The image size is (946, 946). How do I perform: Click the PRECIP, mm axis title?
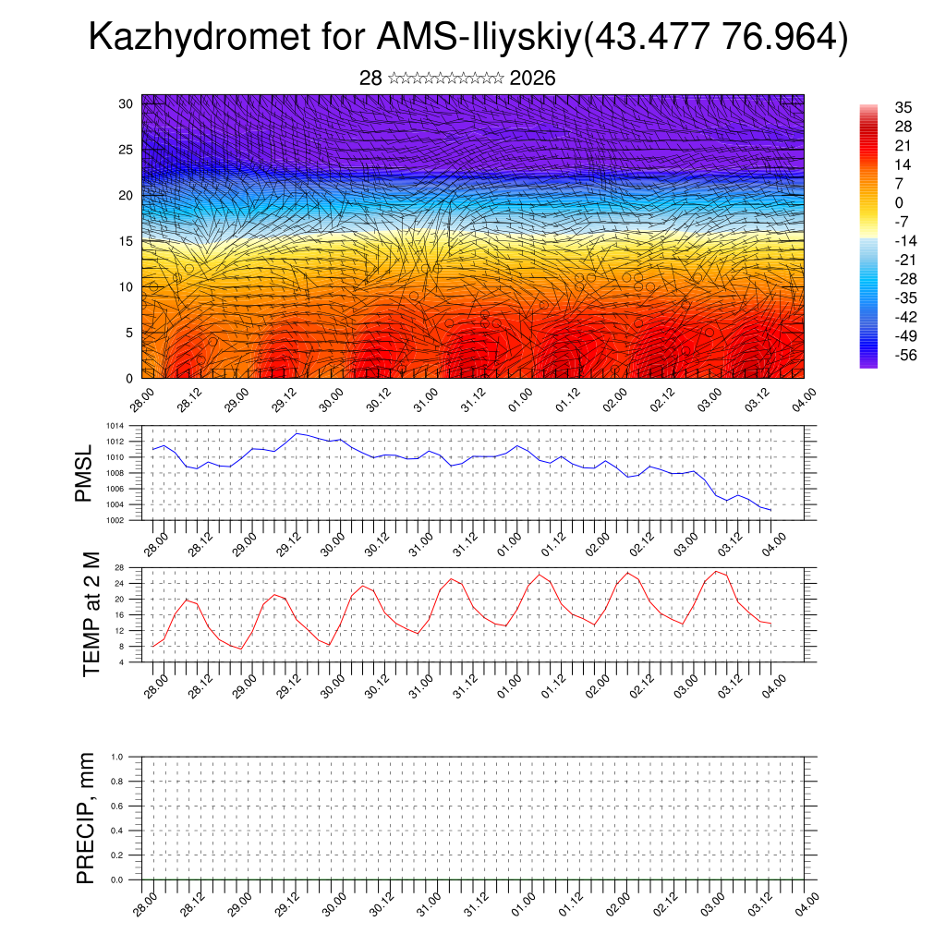pos(86,818)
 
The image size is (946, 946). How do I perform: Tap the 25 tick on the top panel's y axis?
pos(125,149)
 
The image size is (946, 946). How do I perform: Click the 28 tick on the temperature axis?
pos(119,567)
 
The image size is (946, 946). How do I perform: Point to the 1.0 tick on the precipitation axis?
pos(116,757)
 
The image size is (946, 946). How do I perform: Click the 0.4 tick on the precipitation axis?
pos(116,831)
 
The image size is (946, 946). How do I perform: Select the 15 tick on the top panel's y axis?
pos(125,241)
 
